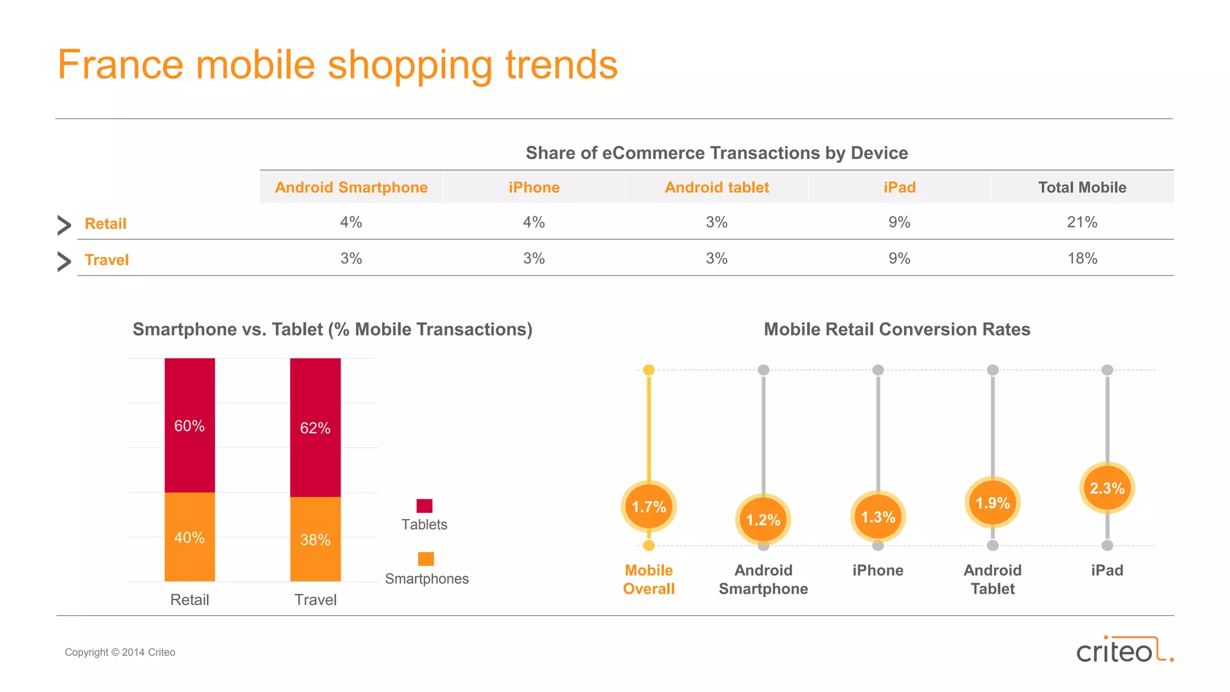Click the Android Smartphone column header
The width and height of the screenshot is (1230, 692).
(x=351, y=187)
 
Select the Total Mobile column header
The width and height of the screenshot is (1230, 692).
(x=1082, y=187)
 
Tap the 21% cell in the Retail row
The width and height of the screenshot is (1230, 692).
(x=1082, y=222)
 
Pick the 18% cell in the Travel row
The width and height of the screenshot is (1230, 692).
(x=1082, y=258)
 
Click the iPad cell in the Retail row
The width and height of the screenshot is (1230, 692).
(x=899, y=222)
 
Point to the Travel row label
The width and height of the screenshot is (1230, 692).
(x=107, y=260)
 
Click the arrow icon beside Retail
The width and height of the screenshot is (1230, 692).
(x=64, y=225)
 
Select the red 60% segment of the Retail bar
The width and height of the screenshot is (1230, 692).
(x=190, y=425)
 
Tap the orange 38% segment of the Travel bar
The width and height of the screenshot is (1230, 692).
(x=315, y=539)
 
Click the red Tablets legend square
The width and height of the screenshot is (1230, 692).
(x=425, y=506)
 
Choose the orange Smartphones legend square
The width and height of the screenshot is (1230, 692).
(x=426, y=559)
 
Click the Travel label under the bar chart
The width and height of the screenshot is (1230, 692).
(x=315, y=599)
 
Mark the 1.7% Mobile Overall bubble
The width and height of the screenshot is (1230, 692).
(x=649, y=507)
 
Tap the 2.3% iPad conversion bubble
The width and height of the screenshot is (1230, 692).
(x=1107, y=488)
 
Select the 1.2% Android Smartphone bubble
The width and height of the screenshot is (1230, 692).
(x=763, y=520)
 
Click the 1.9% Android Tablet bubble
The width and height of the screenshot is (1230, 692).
(x=992, y=503)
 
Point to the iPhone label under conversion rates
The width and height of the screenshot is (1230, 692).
(x=877, y=570)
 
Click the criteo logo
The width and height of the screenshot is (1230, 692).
(x=1124, y=650)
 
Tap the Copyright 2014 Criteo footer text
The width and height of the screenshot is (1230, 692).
(x=120, y=652)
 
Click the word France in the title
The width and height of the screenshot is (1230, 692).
(x=120, y=65)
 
